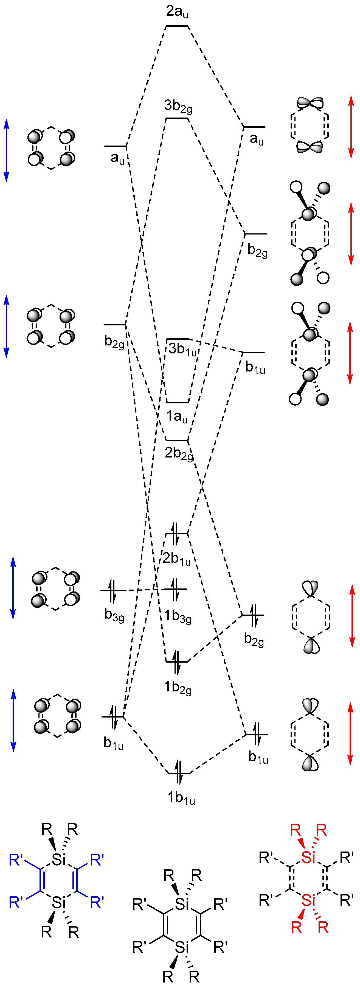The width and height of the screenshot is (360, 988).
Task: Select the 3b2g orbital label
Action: [x=178, y=106]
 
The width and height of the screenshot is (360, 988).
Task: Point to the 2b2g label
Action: [x=179, y=453]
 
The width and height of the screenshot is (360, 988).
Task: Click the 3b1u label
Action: [x=182, y=349]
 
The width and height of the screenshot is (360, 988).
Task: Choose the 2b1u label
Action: [x=176, y=559]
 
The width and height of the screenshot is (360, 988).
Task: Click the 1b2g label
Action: [x=178, y=687]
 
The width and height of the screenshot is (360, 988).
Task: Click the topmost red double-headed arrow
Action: [x=350, y=127]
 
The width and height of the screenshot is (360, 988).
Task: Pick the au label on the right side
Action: [x=257, y=139]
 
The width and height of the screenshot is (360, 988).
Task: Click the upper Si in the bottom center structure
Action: [x=182, y=904]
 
